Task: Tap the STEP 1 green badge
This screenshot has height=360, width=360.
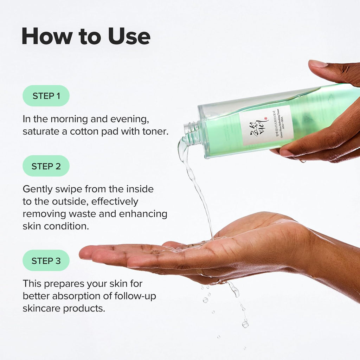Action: (x=46, y=96)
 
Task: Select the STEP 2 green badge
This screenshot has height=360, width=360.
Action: (x=46, y=166)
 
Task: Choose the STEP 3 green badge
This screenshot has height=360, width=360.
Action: (x=46, y=261)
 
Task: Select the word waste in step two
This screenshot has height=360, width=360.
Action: (x=96, y=214)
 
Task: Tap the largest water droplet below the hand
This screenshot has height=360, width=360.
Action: (x=245, y=324)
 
